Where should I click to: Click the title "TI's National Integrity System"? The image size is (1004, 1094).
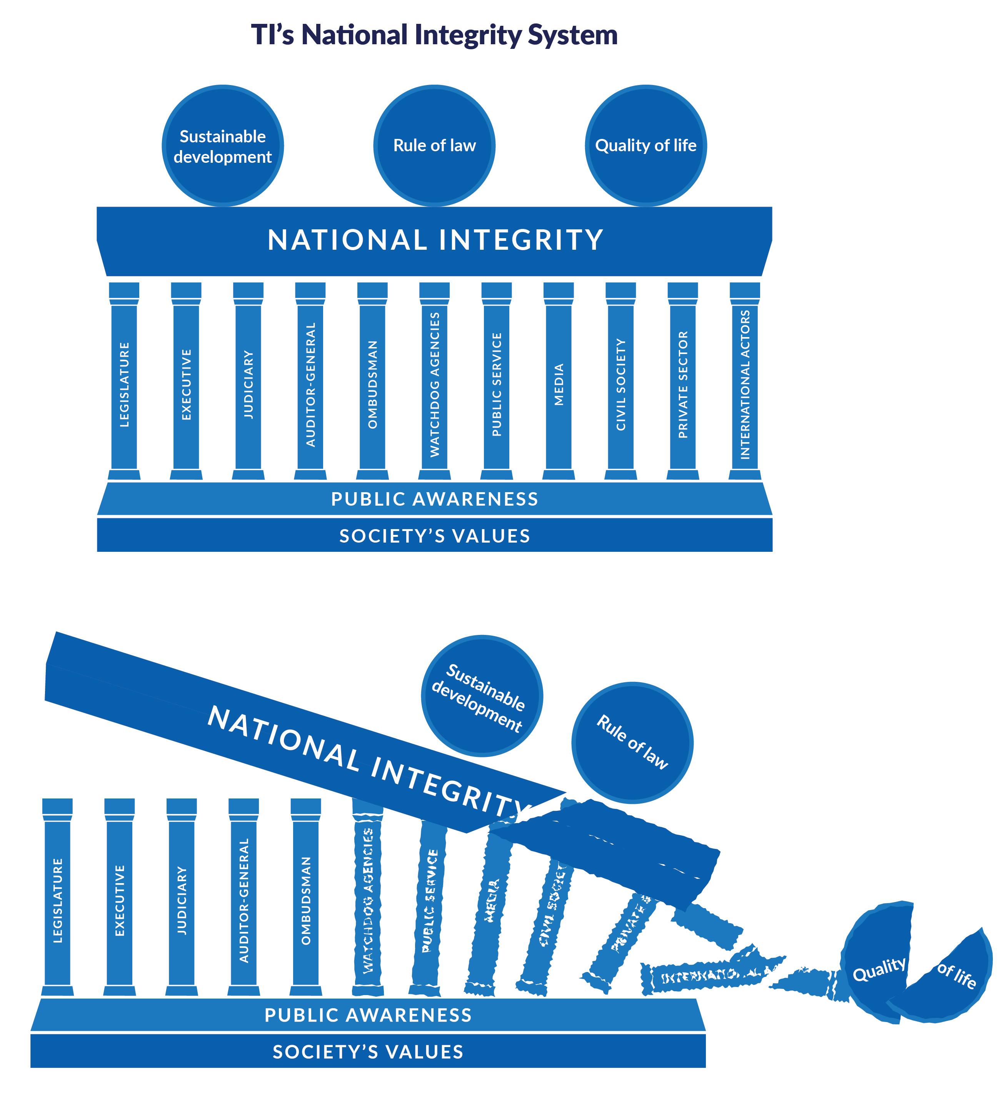434,35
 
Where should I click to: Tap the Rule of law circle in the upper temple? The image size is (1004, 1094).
434,146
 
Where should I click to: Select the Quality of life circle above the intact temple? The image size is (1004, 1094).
645,146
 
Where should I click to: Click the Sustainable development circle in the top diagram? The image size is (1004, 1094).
223,146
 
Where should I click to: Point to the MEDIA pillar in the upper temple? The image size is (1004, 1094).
559,384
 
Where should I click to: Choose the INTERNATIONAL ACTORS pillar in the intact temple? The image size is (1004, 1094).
745,384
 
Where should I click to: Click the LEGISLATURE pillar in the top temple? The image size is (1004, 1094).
124,384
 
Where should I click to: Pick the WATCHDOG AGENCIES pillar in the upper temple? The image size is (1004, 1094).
435,384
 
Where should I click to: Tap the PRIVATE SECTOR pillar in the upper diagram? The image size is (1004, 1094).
683,384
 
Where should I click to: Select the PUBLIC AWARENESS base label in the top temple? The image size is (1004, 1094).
435,499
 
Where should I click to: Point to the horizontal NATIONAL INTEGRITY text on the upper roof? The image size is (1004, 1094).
435,240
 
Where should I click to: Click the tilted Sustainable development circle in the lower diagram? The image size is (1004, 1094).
482,696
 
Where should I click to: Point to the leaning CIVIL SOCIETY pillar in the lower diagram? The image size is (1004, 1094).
549,919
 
